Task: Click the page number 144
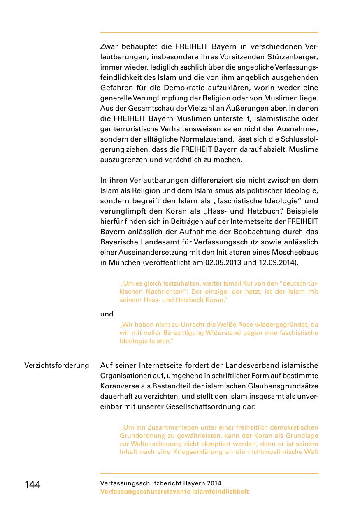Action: coord(33,485)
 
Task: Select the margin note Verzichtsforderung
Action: coord(57,365)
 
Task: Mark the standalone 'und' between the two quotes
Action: coord(107,314)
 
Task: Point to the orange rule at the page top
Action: coord(209,33)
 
